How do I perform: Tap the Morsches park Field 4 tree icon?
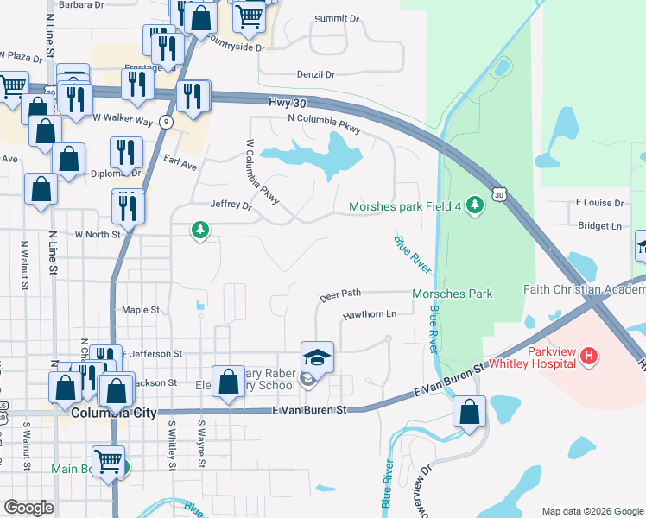coord(474,205)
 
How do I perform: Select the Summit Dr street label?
coord(338,18)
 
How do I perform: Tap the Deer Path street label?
coord(339,294)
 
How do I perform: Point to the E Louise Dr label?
coord(599,203)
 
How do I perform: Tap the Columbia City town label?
coord(115,413)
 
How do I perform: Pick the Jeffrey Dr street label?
coord(231,206)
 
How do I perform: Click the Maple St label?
coord(141,309)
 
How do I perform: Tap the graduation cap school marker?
coord(317,357)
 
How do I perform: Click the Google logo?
coord(28,507)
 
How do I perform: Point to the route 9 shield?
coord(165,123)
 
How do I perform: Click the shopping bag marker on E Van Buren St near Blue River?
coord(469,412)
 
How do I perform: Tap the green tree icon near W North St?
coord(200,230)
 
